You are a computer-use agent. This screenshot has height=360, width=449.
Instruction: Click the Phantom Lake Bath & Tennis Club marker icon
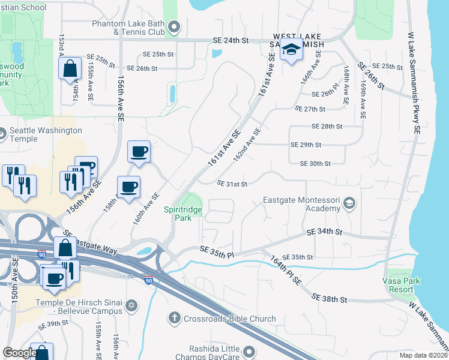pos(175,26)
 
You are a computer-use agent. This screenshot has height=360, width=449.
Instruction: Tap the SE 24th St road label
pos(231,41)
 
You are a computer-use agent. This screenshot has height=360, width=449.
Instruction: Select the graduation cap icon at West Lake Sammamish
pos(292,50)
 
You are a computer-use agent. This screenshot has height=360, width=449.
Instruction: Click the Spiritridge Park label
pos(184,214)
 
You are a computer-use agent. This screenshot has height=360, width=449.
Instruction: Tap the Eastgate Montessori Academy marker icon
pos(349,205)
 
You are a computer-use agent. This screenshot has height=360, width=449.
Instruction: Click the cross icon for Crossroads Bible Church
pos(175,317)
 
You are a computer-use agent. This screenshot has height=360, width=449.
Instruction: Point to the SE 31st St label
pos(232,184)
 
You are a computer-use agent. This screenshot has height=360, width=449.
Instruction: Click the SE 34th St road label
pos(324,232)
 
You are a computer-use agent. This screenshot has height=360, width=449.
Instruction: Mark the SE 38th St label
pos(330,298)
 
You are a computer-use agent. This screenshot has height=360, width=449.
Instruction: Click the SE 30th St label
pos(315,164)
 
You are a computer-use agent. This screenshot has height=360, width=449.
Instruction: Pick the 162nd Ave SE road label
pos(247,144)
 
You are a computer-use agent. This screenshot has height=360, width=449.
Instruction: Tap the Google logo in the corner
pos(19,353)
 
